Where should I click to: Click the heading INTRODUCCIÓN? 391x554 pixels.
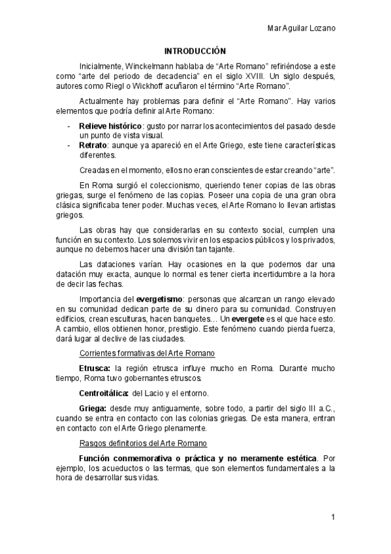click(195, 50)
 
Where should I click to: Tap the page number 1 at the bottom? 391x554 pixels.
click(333, 517)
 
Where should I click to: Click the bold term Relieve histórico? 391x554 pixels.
click(110, 124)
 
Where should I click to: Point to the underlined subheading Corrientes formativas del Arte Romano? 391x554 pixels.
click(147, 353)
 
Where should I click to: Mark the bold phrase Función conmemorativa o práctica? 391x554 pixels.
click(147, 458)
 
